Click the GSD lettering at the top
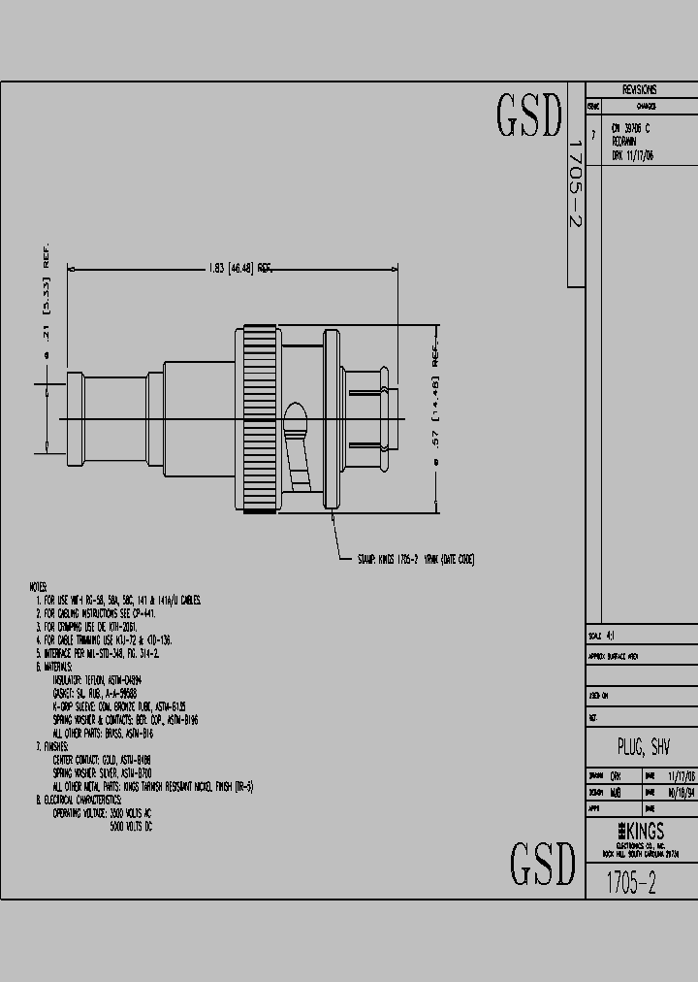coord(529,115)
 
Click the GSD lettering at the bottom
coord(543,864)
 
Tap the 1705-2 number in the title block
coord(631,883)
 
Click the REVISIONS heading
coord(639,89)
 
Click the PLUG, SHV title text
coord(643,747)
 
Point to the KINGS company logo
coord(641,832)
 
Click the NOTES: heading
coord(39,588)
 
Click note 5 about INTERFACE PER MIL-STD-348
coord(97,653)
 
